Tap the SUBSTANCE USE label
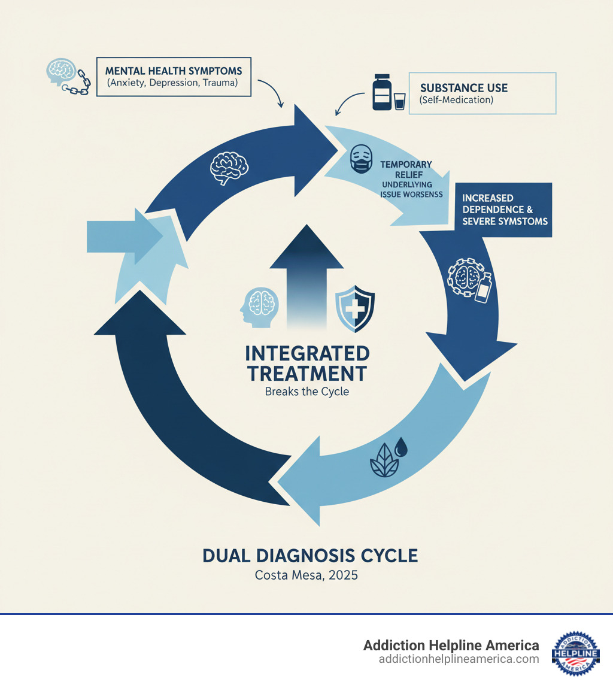(x=464, y=87)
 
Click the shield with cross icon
(x=355, y=308)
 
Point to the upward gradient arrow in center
(x=307, y=275)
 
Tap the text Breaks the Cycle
(x=307, y=393)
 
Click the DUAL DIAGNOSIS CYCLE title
(x=310, y=555)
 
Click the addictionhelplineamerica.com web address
(x=459, y=659)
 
